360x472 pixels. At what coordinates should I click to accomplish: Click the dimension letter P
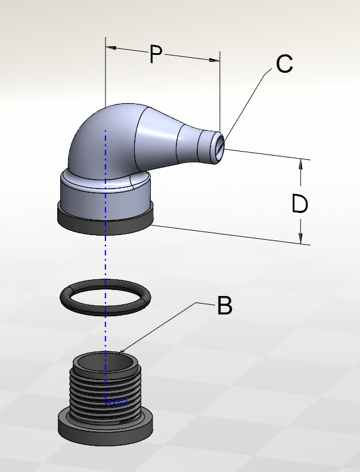(x=156, y=55)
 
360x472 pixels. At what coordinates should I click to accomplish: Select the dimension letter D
(x=300, y=205)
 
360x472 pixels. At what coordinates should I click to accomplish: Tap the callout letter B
(x=224, y=306)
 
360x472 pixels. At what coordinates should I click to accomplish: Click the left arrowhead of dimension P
(x=111, y=47)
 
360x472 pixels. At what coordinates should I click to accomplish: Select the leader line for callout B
(x=161, y=328)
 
